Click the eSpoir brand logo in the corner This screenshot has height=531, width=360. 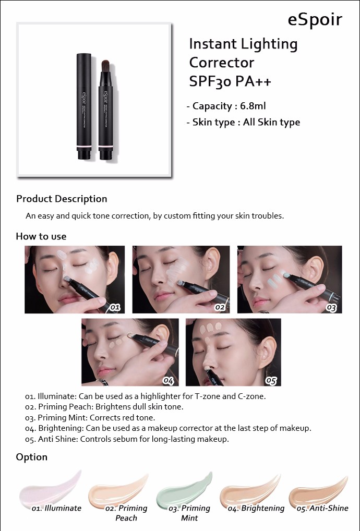[x=315, y=20]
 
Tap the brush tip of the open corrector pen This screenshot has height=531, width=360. [x=105, y=66]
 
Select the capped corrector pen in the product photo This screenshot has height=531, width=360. [x=83, y=106]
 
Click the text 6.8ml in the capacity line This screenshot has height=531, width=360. [x=253, y=106]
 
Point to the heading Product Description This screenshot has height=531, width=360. [x=62, y=199]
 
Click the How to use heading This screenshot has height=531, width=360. [x=41, y=236]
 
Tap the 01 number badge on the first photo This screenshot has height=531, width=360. [x=115, y=307]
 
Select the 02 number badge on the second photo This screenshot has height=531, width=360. [x=220, y=307]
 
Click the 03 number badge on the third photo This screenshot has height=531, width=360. [x=331, y=308]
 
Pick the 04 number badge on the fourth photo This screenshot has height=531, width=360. [x=169, y=380]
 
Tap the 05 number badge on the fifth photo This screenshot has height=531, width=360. [x=271, y=380]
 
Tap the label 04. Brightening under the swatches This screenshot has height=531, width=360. [x=256, y=508]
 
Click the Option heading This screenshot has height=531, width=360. [x=31, y=457]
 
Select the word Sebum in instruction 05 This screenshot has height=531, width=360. [x=124, y=439]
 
